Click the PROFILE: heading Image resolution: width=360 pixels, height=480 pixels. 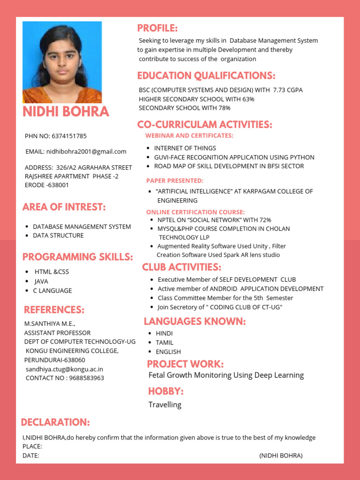(x=157, y=28)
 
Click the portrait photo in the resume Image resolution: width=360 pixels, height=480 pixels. (x=62, y=62)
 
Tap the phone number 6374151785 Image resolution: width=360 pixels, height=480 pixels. (x=69, y=136)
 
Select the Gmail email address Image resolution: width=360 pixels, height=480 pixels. (x=86, y=151)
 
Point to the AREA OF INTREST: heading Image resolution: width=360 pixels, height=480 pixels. (x=64, y=207)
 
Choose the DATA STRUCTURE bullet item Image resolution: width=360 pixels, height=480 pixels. (x=58, y=235)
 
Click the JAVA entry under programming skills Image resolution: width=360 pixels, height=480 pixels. (x=41, y=281)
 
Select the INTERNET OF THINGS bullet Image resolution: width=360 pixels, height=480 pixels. (x=185, y=148)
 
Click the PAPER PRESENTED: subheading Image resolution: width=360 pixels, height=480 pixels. (x=174, y=180)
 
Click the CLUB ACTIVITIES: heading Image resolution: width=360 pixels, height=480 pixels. (x=181, y=267)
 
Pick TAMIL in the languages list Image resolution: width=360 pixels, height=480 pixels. (x=165, y=343)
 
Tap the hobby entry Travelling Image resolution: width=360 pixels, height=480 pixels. (x=165, y=405)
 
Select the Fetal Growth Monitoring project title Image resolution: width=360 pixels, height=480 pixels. (x=226, y=375)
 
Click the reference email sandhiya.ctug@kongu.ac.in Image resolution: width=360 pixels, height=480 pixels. (x=64, y=369)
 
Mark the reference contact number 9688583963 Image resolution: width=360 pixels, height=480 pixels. (x=86, y=378)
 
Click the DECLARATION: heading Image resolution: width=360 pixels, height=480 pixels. (x=55, y=422)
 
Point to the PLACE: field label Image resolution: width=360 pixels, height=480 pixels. (x=32, y=446)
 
